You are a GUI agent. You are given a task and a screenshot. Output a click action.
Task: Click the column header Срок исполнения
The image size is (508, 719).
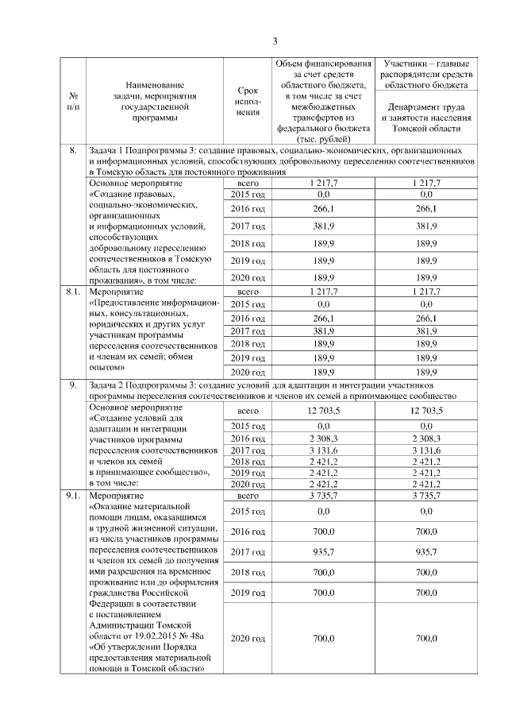(x=248, y=101)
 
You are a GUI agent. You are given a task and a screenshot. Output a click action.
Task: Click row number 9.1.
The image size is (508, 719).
(x=73, y=496)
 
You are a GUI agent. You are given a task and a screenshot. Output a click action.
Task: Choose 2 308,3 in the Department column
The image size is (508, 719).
(x=429, y=438)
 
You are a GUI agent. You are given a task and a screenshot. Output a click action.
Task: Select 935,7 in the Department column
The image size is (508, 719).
(x=429, y=550)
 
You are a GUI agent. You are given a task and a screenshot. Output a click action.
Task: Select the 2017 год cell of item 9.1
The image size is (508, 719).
(x=248, y=550)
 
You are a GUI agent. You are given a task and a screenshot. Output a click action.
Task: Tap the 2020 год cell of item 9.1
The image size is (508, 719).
(x=248, y=638)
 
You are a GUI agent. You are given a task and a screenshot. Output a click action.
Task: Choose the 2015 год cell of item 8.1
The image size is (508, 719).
(x=248, y=304)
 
